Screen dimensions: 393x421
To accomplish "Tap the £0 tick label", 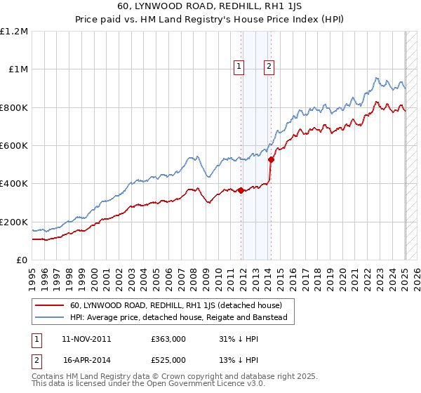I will click(x=21, y=260).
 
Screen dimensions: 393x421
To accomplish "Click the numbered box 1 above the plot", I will click(x=239, y=67).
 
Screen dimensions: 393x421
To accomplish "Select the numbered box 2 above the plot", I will click(x=269, y=67).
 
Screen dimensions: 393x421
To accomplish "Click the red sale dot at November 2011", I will click(x=241, y=190).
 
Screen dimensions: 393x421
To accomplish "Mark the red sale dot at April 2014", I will click(x=272, y=159).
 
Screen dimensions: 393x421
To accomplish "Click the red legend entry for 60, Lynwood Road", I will click(x=175, y=305).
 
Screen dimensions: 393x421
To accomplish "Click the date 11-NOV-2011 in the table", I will click(x=86, y=339).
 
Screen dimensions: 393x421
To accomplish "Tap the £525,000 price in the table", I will click(x=168, y=360).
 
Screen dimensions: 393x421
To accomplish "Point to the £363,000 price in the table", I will click(x=168, y=339).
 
